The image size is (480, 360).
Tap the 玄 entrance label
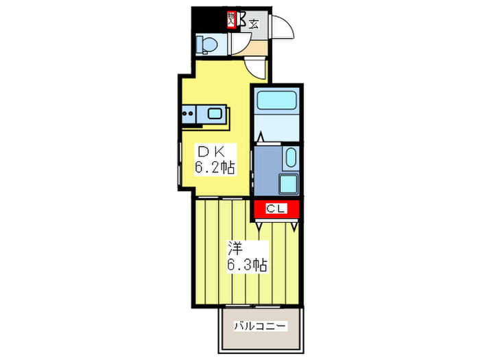[254, 24]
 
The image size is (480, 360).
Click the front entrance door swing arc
[283, 27]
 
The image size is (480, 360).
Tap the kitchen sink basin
[214, 113]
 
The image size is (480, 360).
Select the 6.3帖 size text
[246, 264]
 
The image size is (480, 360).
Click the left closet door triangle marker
[258, 224]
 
